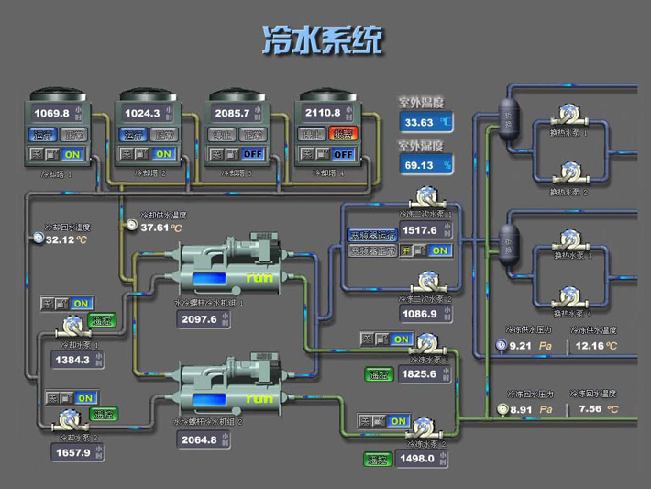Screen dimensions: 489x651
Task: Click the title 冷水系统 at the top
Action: point(322,39)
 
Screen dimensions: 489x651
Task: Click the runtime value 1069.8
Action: point(51,113)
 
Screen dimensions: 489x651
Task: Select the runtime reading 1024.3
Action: point(142,113)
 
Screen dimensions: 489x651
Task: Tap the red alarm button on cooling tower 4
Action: point(342,134)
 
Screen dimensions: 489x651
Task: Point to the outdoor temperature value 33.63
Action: point(419,122)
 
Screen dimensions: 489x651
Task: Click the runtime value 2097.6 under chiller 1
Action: point(200,319)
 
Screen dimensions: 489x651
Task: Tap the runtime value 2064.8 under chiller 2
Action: point(200,439)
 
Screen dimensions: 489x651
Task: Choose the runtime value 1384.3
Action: point(72,360)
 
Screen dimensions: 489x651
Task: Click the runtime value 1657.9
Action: point(72,452)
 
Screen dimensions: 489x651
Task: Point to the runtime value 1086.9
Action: point(419,314)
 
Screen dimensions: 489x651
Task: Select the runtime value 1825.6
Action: point(419,374)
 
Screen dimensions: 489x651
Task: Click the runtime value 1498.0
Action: point(417,459)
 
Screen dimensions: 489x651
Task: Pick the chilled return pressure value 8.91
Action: point(522,410)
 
